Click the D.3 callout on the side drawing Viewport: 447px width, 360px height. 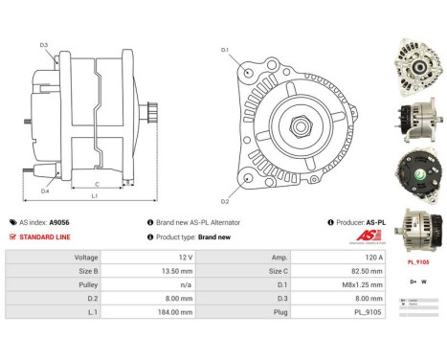coord(44,45)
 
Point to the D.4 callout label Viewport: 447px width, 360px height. coord(45,191)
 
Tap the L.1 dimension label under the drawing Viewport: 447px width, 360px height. coord(95,196)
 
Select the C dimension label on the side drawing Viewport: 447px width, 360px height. coord(98,185)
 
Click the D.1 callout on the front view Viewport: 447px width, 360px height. coord(224,49)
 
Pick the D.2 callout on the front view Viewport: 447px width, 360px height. coord(224,202)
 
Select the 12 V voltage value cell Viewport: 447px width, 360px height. coord(185,258)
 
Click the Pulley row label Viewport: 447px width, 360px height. coord(86,285)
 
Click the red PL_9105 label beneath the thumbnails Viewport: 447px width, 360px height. coord(418,260)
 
